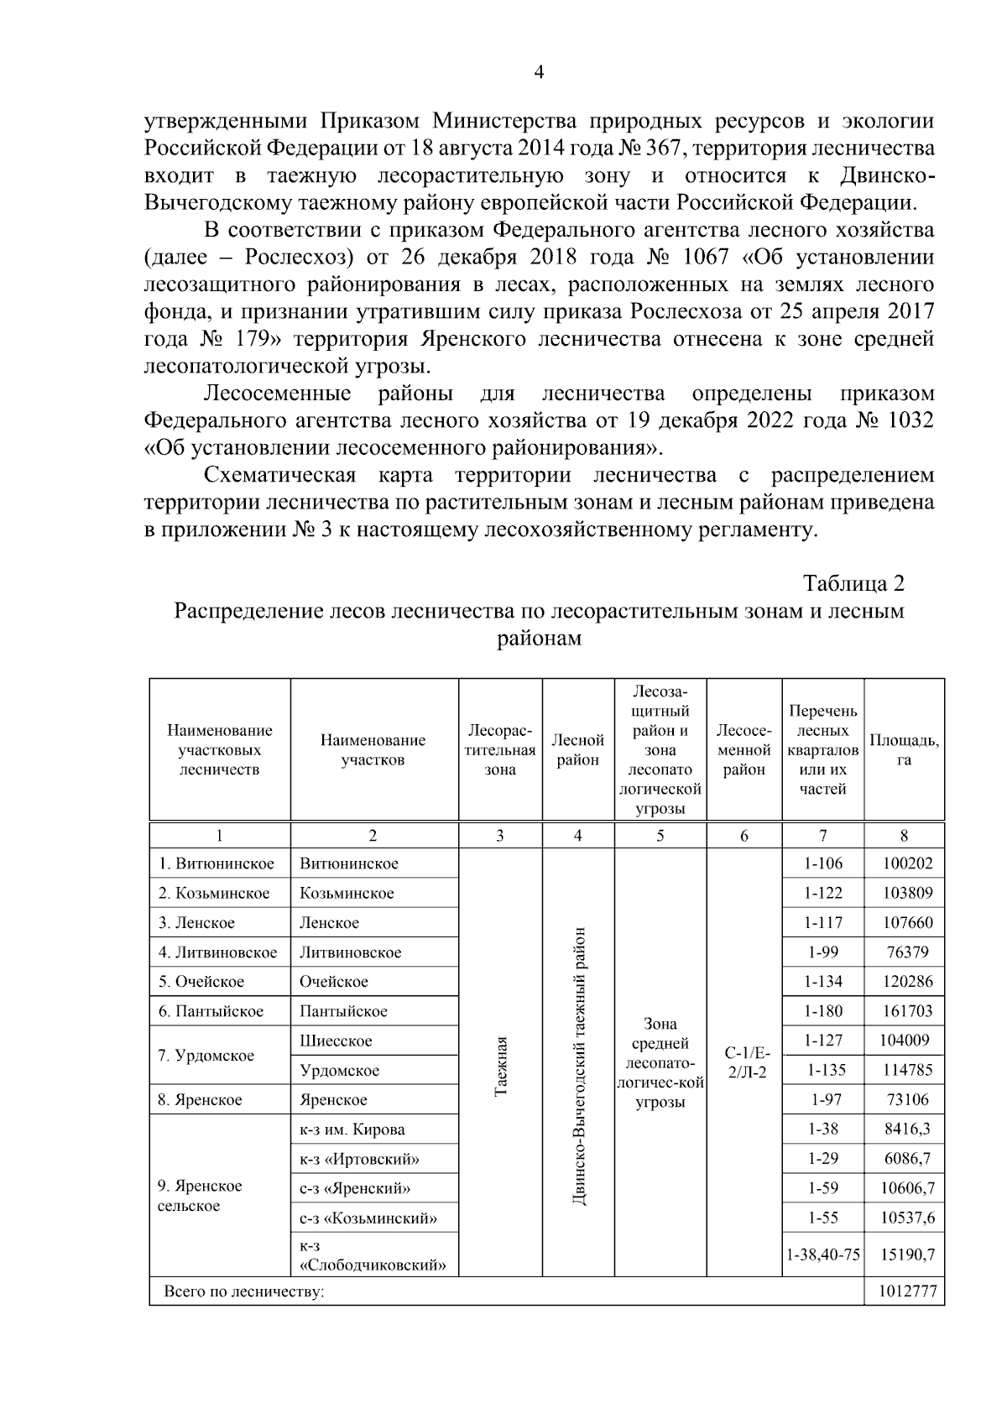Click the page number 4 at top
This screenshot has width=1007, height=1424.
pos(540,73)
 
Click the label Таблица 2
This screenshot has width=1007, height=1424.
pos(853,582)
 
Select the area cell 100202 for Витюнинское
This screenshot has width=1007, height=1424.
pos(907,863)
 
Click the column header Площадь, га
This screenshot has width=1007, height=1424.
pos(904,750)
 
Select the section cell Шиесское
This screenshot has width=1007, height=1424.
pos(336,1041)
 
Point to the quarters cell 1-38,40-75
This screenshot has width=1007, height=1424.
pos(823,1255)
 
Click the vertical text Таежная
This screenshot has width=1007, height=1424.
pos(501,1066)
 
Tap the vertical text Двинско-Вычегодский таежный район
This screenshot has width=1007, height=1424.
pos(579,1067)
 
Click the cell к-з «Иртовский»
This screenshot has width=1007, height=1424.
pos(359,1159)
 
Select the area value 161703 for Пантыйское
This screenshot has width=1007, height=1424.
pos(907,1011)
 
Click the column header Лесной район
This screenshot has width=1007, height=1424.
pos(577,750)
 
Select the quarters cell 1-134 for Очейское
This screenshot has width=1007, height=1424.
pos(823,982)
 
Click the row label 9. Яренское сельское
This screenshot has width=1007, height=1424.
pos(201,1196)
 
